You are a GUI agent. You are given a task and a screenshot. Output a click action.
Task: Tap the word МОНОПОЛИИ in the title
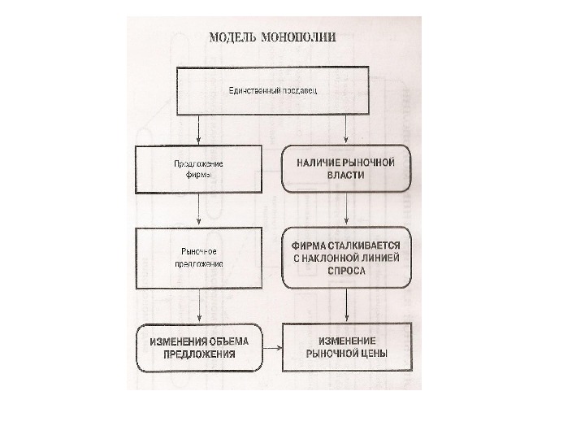299,37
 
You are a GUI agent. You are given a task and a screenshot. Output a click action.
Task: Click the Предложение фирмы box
199,169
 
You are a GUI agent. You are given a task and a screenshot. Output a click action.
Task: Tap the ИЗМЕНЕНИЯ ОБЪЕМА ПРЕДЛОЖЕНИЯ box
199,347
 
